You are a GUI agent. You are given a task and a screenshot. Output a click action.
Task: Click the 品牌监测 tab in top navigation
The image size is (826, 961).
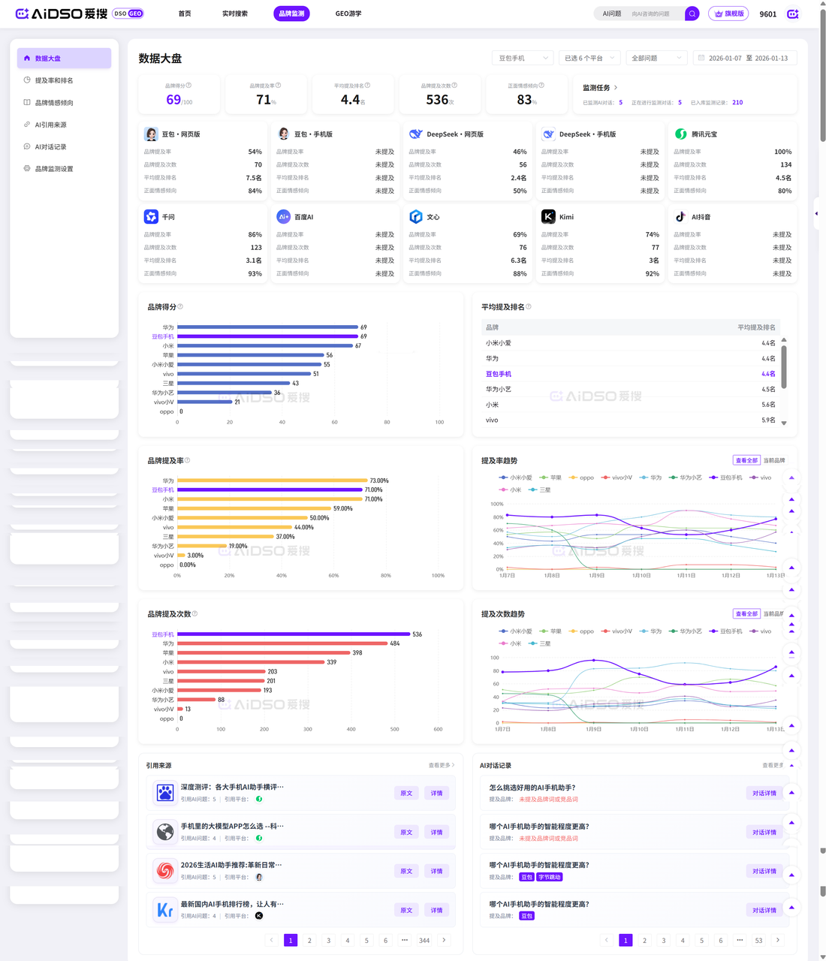pos(291,14)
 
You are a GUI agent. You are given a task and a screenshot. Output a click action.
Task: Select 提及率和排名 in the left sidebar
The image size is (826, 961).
pos(54,80)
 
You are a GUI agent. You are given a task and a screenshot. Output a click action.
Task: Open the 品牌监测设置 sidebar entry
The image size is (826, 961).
pos(54,169)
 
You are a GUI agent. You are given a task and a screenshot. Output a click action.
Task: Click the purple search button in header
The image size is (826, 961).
pos(692,14)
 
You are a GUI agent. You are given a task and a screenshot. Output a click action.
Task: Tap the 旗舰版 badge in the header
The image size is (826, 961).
pos(728,14)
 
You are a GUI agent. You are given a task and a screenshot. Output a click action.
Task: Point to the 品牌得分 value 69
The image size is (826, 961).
pos(173,100)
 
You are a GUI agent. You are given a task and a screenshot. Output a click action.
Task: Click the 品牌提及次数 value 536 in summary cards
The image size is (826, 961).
pos(437,100)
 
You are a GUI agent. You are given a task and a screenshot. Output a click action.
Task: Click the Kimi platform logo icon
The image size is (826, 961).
pos(548,216)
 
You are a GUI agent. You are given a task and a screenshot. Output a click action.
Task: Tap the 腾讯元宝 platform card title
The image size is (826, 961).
pos(704,134)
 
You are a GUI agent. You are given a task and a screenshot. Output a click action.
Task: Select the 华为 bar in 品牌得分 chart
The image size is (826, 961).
pos(267,327)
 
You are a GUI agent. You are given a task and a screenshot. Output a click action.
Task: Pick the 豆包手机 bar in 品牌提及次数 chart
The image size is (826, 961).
pos(294,634)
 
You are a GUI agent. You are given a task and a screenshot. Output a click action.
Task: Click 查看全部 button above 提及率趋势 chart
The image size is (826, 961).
pos(746,460)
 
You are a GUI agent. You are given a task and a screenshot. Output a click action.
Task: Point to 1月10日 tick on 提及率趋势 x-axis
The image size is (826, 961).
pos(641,576)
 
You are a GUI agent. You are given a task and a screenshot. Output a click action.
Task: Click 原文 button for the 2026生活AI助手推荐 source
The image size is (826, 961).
pos(406,871)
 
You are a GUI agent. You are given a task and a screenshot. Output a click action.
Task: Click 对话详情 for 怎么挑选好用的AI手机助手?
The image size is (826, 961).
pos(764,793)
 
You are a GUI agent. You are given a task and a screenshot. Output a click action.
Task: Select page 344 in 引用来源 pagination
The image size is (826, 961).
pos(424,940)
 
